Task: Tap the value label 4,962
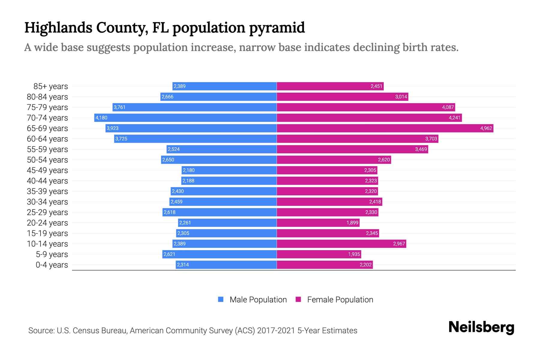(486, 128)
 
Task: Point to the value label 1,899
(352, 223)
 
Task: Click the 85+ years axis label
(51, 86)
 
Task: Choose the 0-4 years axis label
(52, 265)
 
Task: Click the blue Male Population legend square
(221, 299)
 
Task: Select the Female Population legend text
(340, 300)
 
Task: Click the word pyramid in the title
(277, 28)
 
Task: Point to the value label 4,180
(101, 118)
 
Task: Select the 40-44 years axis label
(47, 181)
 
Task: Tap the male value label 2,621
(169, 254)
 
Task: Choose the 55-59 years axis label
(47, 149)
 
